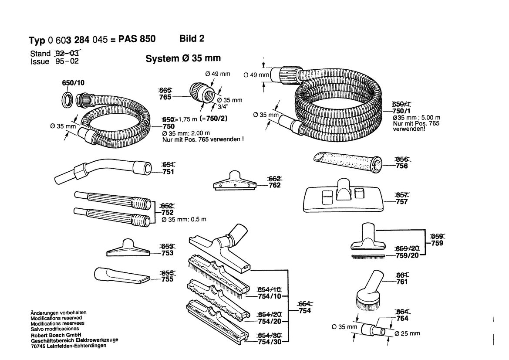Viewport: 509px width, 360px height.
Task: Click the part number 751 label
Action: point(168,172)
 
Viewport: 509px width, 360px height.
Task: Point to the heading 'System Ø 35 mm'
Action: point(183,58)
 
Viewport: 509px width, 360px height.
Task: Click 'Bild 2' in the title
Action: point(192,39)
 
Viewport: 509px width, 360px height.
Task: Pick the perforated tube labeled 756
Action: point(347,162)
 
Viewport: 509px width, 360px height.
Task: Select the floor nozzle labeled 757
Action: point(344,196)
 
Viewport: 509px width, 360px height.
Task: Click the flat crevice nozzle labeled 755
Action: point(122,275)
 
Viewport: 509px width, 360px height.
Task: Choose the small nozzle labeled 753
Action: point(128,248)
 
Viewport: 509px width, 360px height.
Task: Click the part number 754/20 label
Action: point(269,321)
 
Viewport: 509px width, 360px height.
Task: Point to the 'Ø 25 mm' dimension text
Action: point(408,333)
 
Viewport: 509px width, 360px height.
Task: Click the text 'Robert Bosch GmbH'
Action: point(56,335)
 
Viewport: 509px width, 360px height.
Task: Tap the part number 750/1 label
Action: point(401,111)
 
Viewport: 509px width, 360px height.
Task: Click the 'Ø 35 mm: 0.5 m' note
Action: point(184,219)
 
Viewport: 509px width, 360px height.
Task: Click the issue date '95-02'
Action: point(67,61)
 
